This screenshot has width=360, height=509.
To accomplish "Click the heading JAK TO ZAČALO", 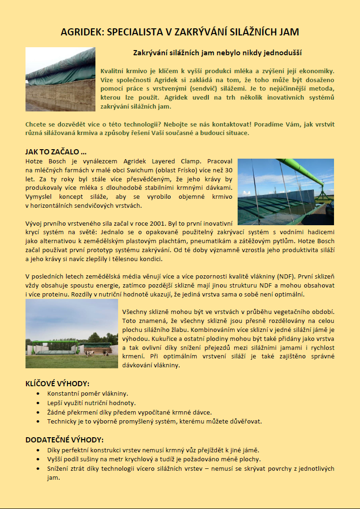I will (x=56, y=152).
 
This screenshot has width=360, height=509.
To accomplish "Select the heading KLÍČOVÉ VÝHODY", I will (x=57, y=383).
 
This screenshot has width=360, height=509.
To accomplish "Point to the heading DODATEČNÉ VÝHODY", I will (x=64, y=440).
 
